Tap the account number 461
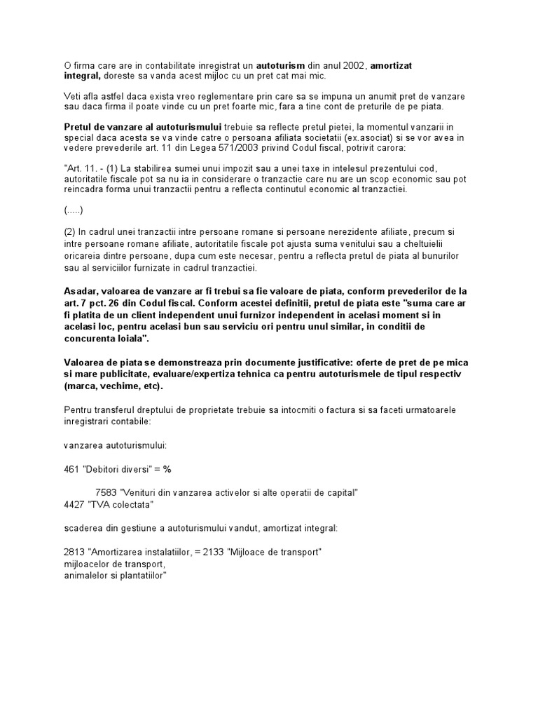pos(71,469)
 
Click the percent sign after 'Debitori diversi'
pos(167,469)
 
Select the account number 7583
pos(106,493)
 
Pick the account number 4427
pos(74,503)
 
